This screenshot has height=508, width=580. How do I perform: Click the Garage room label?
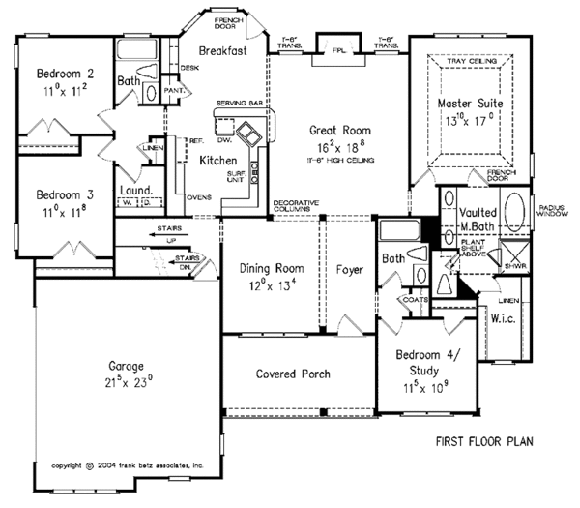tap(126, 367)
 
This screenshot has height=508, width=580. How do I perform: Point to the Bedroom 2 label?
tap(65, 74)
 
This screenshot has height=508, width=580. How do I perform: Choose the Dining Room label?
tap(275, 268)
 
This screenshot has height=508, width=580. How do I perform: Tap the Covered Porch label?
tap(293, 374)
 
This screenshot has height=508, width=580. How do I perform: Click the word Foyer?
tap(350, 269)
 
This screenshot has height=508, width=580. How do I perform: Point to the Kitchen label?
tap(218, 163)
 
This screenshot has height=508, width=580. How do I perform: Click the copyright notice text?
tap(128, 465)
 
